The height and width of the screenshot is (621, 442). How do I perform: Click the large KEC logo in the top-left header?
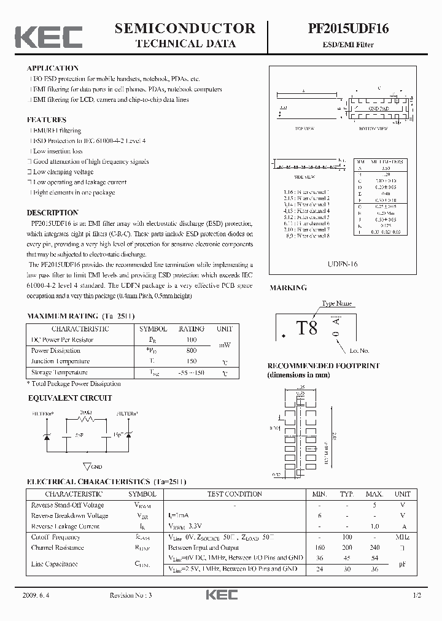[48, 36]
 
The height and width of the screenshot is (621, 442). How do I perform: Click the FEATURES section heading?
[47, 120]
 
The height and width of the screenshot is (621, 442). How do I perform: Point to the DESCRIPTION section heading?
[53, 213]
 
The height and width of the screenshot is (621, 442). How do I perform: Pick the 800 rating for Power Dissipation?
[191, 350]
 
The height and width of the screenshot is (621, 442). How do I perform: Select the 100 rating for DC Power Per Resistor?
[191, 339]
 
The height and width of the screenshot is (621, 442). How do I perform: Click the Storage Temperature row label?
[60, 372]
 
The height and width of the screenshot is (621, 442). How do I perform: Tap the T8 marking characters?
[308, 328]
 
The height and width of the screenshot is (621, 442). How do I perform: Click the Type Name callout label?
[337, 303]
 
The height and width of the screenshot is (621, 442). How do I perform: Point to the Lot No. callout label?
[359, 350]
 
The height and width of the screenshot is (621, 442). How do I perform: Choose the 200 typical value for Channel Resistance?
[348, 547]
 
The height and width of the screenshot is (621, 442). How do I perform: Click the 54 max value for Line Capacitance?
[375, 558]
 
